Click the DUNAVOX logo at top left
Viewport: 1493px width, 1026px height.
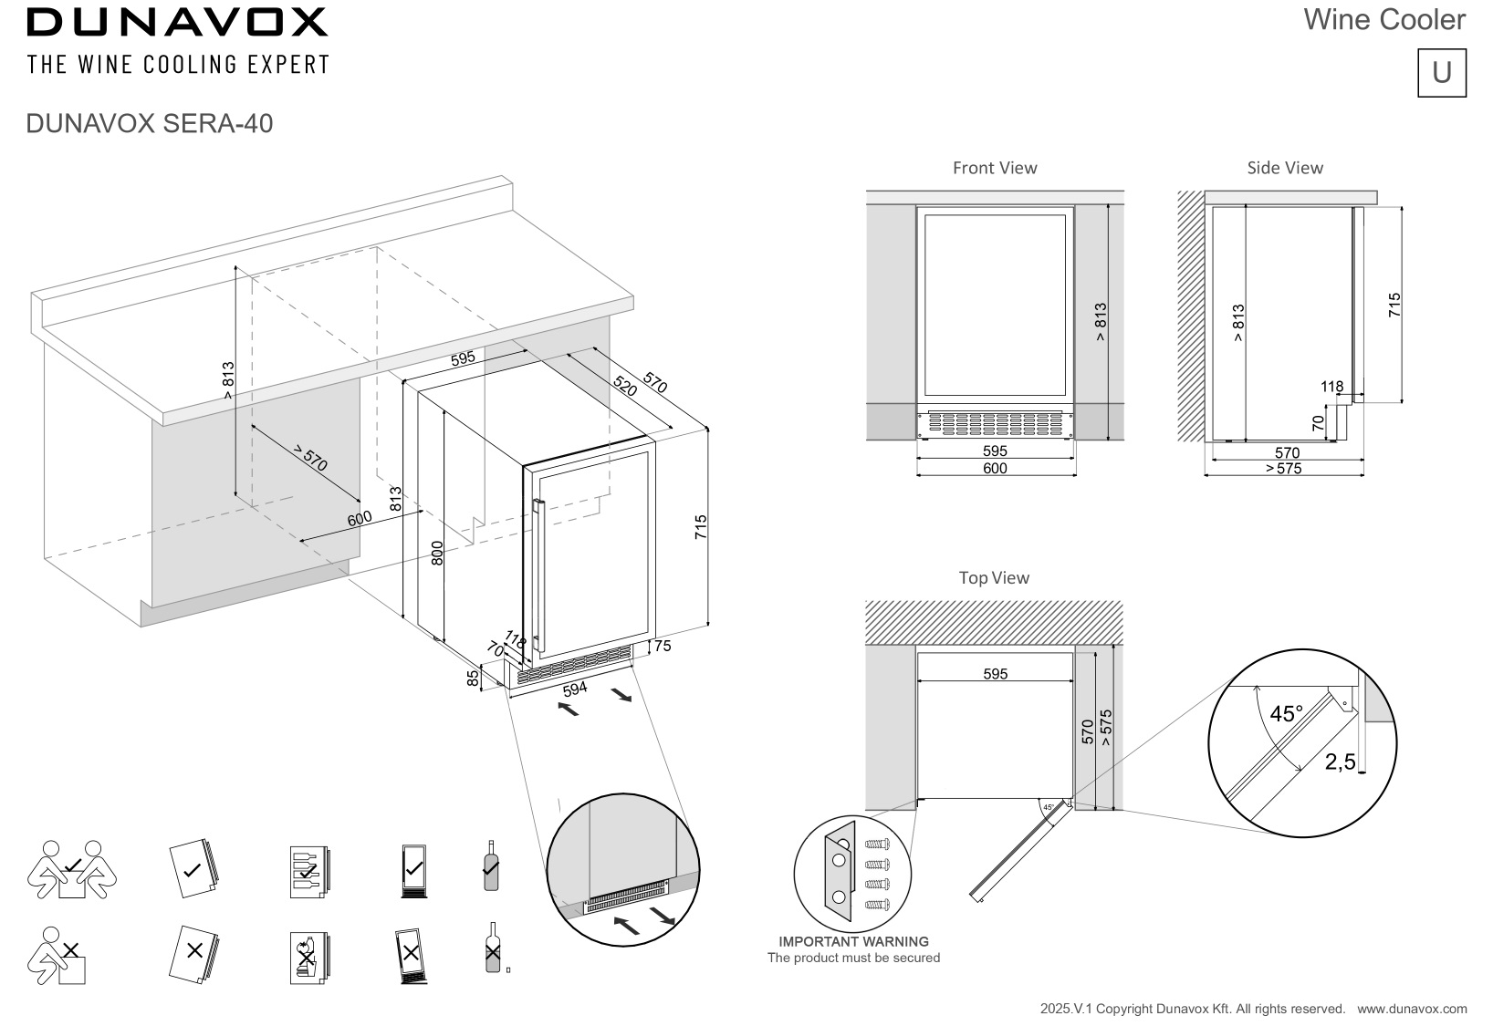coord(177,23)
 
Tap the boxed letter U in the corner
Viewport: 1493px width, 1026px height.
coord(1442,73)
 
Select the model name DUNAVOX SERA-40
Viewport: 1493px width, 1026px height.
coord(150,124)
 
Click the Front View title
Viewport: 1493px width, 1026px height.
coord(995,168)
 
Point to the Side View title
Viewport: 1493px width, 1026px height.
coord(1285,168)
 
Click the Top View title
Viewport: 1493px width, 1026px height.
coord(994,577)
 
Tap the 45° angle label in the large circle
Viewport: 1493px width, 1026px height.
coord(1286,714)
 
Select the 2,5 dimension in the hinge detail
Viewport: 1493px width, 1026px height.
coord(1340,762)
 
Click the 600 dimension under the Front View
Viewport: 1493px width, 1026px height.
coord(995,469)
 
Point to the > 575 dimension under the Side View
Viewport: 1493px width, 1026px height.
coord(1284,469)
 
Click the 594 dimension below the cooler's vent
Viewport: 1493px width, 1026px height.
coord(575,689)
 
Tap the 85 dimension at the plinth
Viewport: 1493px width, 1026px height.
coord(473,679)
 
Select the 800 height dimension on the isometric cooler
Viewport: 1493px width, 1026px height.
coord(436,553)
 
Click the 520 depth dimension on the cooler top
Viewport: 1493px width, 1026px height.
coord(625,386)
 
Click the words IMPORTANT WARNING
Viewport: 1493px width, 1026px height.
coord(854,941)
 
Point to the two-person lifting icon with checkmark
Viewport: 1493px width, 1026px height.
coord(72,869)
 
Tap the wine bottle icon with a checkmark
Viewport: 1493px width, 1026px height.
coord(491,865)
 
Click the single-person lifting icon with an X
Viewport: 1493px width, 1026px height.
coord(57,956)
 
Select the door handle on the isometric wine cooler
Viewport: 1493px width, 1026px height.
coord(538,575)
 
